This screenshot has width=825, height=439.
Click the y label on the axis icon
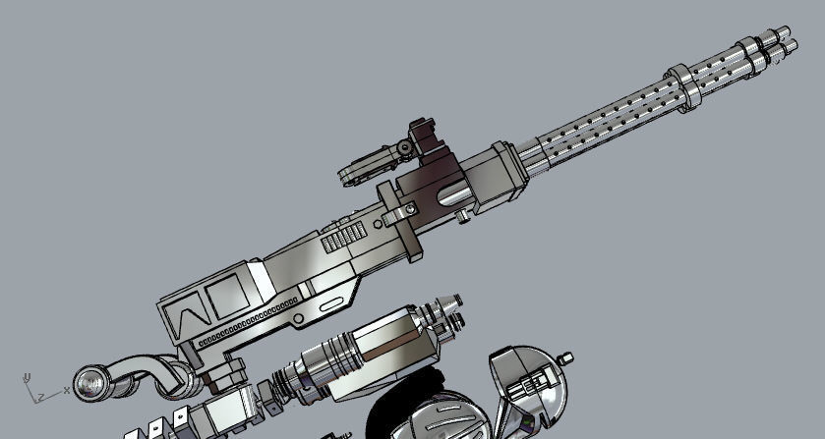(28, 375)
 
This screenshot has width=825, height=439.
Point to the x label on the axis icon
(66, 390)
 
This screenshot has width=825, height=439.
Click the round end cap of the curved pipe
(91, 381)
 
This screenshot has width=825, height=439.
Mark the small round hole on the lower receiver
(300, 320)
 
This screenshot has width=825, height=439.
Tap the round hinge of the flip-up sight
(404, 147)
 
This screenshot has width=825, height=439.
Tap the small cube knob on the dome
(565, 356)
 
